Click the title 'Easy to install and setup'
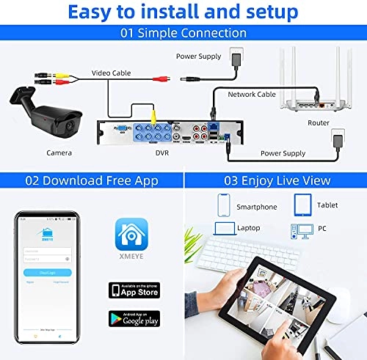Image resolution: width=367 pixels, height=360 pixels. [x=183, y=12]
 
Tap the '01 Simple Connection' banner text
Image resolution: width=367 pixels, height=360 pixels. [x=183, y=33]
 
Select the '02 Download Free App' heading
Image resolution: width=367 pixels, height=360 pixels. [x=90, y=180]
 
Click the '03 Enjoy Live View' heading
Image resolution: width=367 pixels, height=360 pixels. [x=275, y=180]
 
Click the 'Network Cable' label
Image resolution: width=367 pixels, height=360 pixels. [x=252, y=95]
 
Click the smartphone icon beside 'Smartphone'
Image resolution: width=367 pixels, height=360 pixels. [x=224, y=203]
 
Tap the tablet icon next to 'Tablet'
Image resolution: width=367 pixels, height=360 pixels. [x=302, y=203]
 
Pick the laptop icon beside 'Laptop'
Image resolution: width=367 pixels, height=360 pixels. [x=222, y=228]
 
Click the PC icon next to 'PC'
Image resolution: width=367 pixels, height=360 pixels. [x=302, y=230]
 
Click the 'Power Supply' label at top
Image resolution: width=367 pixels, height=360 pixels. [x=198, y=56]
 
